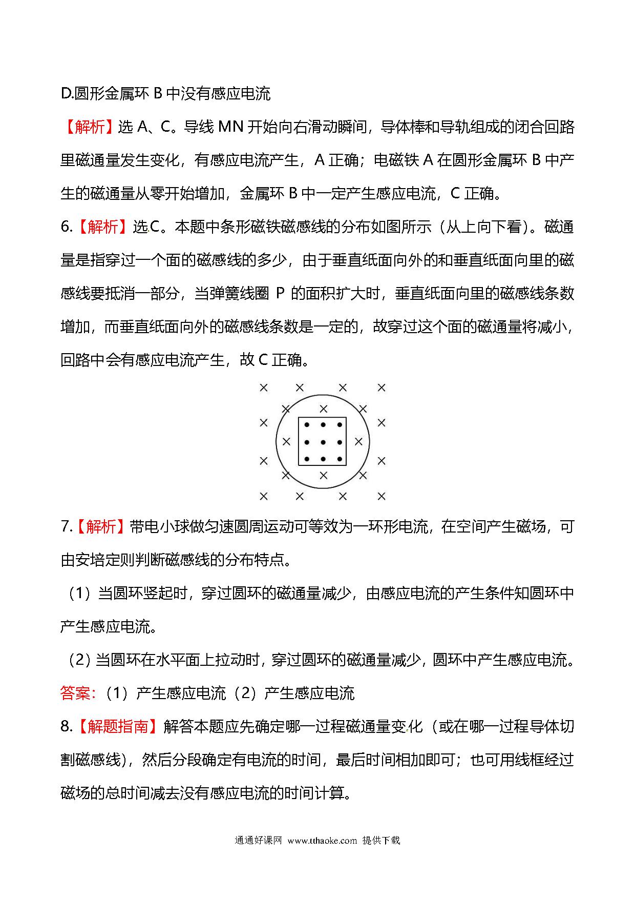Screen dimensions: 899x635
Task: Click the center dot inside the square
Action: click(x=323, y=442)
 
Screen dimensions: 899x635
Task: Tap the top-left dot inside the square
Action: click(x=307, y=425)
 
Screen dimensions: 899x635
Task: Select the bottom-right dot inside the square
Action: click(x=340, y=459)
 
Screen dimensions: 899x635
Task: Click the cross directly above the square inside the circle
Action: click(x=323, y=409)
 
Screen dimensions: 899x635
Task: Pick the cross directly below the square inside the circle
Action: click(x=323, y=476)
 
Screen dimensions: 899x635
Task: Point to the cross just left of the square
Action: click(x=286, y=441)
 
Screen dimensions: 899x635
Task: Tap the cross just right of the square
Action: click(x=358, y=441)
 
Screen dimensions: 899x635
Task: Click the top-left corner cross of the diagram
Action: click(x=264, y=388)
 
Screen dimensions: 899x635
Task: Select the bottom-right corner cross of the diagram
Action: click(x=382, y=496)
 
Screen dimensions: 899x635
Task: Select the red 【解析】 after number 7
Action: click(x=101, y=526)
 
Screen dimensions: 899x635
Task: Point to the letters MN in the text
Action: click(x=230, y=127)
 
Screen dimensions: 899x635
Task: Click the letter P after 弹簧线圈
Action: click(x=280, y=293)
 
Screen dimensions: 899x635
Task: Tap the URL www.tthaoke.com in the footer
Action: click(x=322, y=840)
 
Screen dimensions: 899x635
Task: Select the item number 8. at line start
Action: click(x=67, y=726)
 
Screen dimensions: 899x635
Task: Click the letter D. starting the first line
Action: click(x=67, y=93)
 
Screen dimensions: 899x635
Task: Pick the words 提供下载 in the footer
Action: click(x=381, y=840)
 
